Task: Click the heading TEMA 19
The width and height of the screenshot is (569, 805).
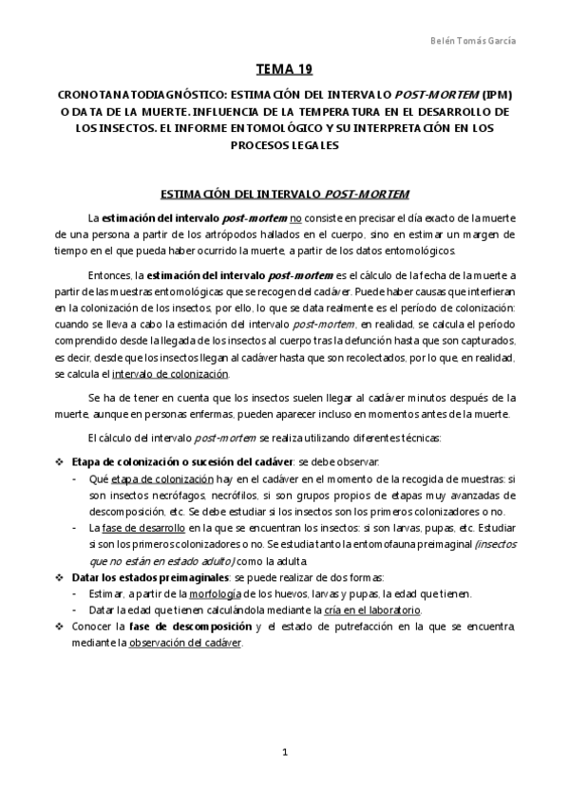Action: [x=284, y=69]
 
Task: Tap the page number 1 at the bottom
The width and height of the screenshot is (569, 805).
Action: [x=284, y=753]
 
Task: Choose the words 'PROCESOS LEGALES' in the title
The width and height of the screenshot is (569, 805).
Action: [x=284, y=146]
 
